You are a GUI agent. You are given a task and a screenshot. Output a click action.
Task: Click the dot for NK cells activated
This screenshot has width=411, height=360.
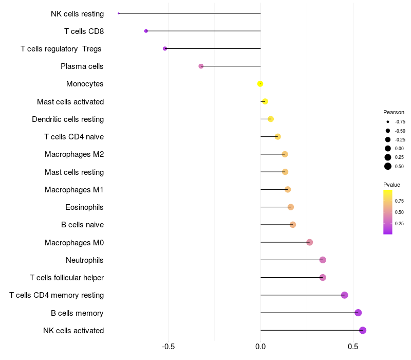[x=363, y=330]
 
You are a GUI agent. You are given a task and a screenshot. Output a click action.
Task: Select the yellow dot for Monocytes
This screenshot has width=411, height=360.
[x=260, y=84]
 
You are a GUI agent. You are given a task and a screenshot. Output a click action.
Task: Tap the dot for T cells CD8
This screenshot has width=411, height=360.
[x=146, y=31]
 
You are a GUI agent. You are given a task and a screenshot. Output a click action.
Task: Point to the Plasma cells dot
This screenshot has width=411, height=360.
[x=201, y=66]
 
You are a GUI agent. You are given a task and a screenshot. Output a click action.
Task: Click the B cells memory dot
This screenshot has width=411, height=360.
[x=358, y=313]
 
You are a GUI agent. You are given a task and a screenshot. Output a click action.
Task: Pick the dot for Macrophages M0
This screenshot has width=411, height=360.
[x=309, y=242]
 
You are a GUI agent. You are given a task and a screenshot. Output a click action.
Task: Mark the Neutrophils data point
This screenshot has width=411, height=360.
[x=323, y=260]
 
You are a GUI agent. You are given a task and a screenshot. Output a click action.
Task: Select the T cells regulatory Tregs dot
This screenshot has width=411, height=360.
[x=165, y=48]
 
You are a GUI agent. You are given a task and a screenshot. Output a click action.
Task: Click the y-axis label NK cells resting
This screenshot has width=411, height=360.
[x=77, y=14]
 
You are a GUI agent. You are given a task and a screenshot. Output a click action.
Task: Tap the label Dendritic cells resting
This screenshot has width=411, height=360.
[x=68, y=119]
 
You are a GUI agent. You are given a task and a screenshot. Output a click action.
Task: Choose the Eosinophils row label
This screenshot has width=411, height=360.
[x=84, y=207]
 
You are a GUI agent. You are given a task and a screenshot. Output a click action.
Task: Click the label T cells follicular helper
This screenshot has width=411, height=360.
[x=67, y=278]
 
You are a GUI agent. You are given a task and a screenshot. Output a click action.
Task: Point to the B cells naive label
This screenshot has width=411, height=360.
[x=82, y=225]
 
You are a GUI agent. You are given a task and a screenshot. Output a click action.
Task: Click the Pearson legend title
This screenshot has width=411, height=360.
[x=394, y=112]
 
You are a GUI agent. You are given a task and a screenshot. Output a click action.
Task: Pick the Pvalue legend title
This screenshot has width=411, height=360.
[x=391, y=185]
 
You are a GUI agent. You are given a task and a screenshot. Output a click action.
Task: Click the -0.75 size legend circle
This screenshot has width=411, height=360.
[x=388, y=122]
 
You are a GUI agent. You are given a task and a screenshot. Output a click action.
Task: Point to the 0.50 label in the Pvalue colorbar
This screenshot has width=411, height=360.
[x=399, y=212]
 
